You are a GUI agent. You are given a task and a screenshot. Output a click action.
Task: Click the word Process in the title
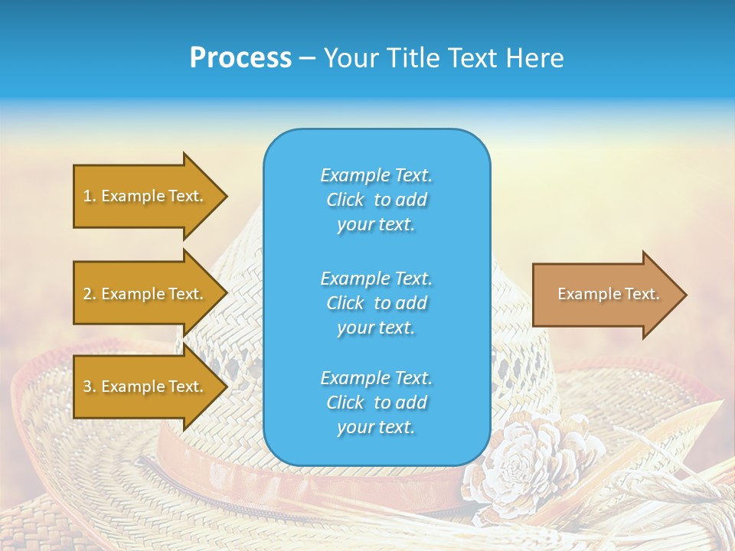[x=240, y=58]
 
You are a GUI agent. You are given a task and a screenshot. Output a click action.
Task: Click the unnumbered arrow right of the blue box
[x=605, y=295]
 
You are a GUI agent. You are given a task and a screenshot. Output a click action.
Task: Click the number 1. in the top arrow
[x=89, y=196]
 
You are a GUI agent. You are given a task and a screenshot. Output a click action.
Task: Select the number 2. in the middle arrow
[x=89, y=294]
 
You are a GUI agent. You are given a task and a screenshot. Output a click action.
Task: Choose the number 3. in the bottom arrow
[x=89, y=386]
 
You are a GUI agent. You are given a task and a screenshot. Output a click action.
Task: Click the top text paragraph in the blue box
[x=376, y=200]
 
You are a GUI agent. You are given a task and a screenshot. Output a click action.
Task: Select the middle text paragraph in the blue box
[x=376, y=303]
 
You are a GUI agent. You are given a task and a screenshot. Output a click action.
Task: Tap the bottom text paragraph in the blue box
[x=376, y=403]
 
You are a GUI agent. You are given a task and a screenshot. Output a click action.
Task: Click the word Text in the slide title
[x=468, y=58]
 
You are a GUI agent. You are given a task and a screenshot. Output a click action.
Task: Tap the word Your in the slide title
[x=351, y=58]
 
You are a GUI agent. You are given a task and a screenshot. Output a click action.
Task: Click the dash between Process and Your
[x=307, y=59]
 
